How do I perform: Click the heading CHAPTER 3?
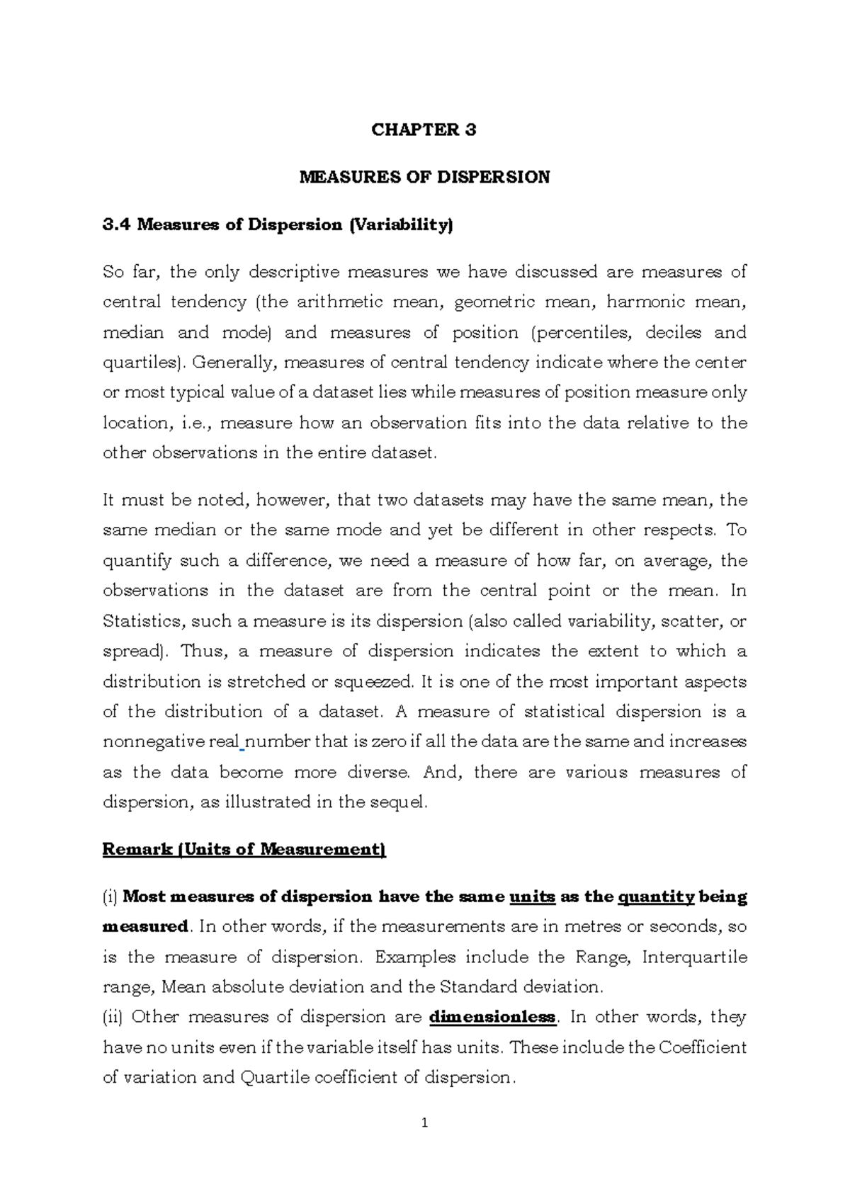coord(424,130)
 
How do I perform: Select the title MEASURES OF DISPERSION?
coord(424,177)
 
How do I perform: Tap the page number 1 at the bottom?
coord(424,1123)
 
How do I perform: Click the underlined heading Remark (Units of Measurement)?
coord(244,849)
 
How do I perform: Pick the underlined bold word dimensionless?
coord(493,1018)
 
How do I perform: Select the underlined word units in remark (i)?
coord(532,897)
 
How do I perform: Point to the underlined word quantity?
coord(656,897)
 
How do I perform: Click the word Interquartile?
coord(694,957)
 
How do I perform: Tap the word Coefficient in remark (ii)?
coord(703,1047)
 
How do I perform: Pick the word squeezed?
coord(373,682)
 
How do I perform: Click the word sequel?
coord(402,802)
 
